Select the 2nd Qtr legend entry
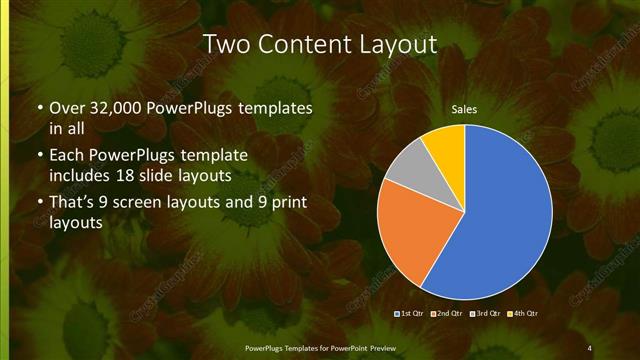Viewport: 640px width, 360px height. click(x=449, y=314)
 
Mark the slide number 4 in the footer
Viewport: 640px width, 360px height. click(x=589, y=347)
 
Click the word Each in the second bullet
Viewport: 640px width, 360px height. click(x=67, y=156)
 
